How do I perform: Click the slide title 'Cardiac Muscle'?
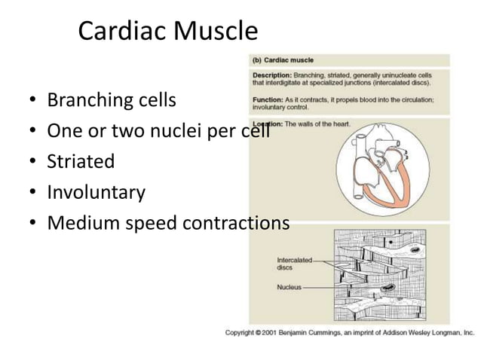(x=167, y=32)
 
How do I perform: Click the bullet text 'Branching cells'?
(x=112, y=100)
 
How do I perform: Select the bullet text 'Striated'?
(x=81, y=161)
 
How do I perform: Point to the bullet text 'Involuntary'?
(x=96, y=192)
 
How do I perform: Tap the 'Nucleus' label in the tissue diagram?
(x=289, y=287)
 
